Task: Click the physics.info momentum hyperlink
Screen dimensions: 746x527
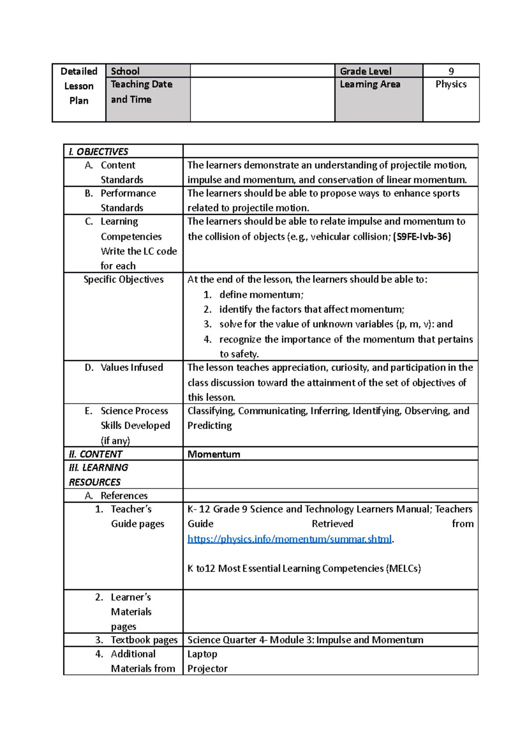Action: point(289,539)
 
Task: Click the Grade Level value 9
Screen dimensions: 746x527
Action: point(451,71)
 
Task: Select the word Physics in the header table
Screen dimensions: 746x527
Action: point(451,84)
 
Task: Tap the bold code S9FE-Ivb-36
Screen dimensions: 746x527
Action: point(422,237)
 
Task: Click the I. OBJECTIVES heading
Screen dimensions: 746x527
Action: point(98,152)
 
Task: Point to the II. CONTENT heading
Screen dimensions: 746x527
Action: point(95,454)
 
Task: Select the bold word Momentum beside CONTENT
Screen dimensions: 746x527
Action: point(214,454)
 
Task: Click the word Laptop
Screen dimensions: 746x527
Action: point(202,654)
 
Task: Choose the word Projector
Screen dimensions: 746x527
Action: point(207,669)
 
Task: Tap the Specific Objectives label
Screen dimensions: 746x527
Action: point(123,279)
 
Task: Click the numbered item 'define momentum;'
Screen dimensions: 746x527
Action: point(261,295)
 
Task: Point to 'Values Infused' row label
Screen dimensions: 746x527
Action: point(131,367)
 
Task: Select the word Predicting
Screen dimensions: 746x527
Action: point(209,426)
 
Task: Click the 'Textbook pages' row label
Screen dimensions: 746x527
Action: point(144,640)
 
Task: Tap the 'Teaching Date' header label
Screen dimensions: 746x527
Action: point(141,84)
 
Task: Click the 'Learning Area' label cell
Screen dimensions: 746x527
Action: point(370,84)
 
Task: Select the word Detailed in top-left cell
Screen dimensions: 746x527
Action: point(79,71)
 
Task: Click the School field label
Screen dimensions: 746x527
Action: point(125,71)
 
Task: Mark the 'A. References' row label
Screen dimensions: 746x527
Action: point(124,496)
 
